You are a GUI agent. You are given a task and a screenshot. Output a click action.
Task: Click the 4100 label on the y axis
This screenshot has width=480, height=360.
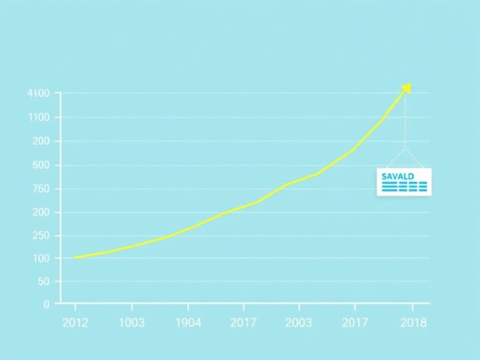pos(38,94)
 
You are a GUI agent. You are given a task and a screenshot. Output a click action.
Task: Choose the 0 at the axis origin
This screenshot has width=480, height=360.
pos(46,304)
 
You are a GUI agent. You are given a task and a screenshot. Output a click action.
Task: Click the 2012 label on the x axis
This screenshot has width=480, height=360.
pos(75,322)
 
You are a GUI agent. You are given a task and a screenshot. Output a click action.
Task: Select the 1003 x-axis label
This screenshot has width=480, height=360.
pos(131,322)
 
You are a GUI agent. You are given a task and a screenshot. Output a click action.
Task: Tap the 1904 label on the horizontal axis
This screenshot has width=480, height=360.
pos(187,322)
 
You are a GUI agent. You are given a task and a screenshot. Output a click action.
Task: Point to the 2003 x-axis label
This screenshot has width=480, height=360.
pos(299,322)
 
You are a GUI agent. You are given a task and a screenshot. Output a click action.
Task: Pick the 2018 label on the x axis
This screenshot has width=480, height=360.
pos(412,322)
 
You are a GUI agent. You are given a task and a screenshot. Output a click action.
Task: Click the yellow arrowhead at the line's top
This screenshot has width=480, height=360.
pos(407,87)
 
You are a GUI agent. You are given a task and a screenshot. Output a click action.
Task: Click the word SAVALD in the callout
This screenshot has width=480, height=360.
pos(397,176)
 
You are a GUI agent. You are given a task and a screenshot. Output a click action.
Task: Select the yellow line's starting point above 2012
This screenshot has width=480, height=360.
pos(75,257)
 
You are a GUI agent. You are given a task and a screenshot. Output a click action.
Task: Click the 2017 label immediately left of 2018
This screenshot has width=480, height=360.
pos(354,322)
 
